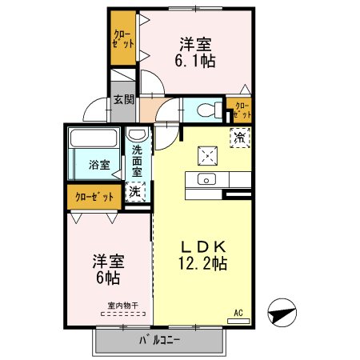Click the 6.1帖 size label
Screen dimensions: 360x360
[194, 60]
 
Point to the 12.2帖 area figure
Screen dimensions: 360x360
[203, 262]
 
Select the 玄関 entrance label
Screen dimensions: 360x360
[122, 100]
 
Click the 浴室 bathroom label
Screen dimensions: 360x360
[99, 166]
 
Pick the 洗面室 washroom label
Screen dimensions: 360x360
[137, 161]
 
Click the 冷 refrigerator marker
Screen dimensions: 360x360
[239, 137]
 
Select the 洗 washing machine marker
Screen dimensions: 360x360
[135, 190]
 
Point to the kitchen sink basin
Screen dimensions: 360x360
[207, 179]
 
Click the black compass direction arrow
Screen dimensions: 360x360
[283, 313]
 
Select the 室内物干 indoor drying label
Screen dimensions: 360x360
[123, 304]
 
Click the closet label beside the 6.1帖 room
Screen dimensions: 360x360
[123, 38]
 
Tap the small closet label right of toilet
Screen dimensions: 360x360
[242, 110]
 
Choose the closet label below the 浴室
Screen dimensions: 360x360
[94, 195]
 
